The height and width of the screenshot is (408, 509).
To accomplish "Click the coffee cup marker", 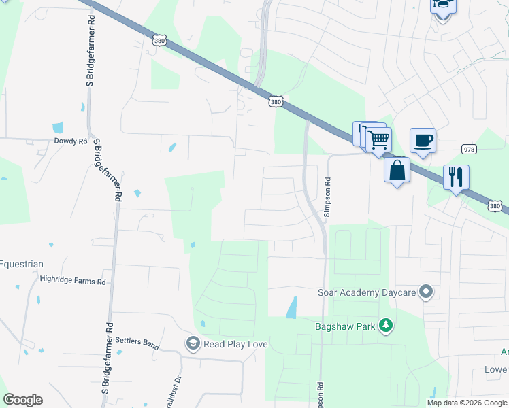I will [423, 140].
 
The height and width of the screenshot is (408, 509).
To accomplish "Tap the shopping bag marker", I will [397, 169].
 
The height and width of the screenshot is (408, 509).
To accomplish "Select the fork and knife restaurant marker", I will [456, 177].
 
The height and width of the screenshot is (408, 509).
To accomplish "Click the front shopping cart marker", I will [378, 140].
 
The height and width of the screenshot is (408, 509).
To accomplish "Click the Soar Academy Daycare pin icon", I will [426, 292].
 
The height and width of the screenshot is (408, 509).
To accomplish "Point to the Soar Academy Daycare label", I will [367, 293].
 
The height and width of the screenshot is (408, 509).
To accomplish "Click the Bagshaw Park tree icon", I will [386, 326].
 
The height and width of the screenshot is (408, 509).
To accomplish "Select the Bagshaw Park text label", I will [345, 327].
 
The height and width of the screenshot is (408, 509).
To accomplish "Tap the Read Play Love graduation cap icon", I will [193, 344].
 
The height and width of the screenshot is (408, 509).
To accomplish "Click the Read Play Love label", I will [235, 345].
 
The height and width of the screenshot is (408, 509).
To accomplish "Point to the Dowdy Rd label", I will [71, 141].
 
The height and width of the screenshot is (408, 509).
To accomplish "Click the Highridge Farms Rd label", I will [73, 279].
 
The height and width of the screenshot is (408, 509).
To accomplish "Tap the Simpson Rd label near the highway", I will [327, 197].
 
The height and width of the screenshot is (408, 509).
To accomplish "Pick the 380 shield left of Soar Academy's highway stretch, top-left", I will [159, 41].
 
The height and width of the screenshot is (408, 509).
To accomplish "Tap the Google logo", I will [22, 400].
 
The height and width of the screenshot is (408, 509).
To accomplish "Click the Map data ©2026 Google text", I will [466, 403].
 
